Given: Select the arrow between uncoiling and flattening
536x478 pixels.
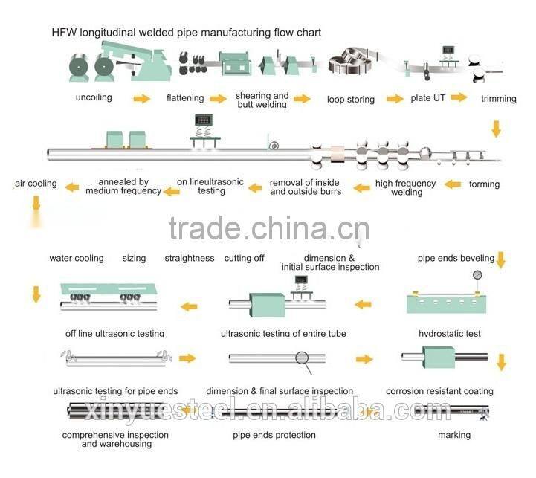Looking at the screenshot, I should (x=141, y=98).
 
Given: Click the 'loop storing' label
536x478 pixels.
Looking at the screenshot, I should (x=351, y=99).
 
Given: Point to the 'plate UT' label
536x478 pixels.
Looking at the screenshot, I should (x=429, y=97).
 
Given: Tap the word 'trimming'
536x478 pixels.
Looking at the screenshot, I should (x=499, y=98).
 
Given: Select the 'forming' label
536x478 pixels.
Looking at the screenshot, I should (x=484, y=184).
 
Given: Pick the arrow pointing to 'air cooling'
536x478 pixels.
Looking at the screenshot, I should (x=72, y=187).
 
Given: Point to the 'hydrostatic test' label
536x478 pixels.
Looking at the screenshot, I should (x=450, y=334).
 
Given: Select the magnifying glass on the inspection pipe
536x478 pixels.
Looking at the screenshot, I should (x=303, y=358).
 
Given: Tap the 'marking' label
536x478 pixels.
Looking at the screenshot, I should (x=453, y=435).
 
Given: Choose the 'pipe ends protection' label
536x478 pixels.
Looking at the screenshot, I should (x=274, y=435).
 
